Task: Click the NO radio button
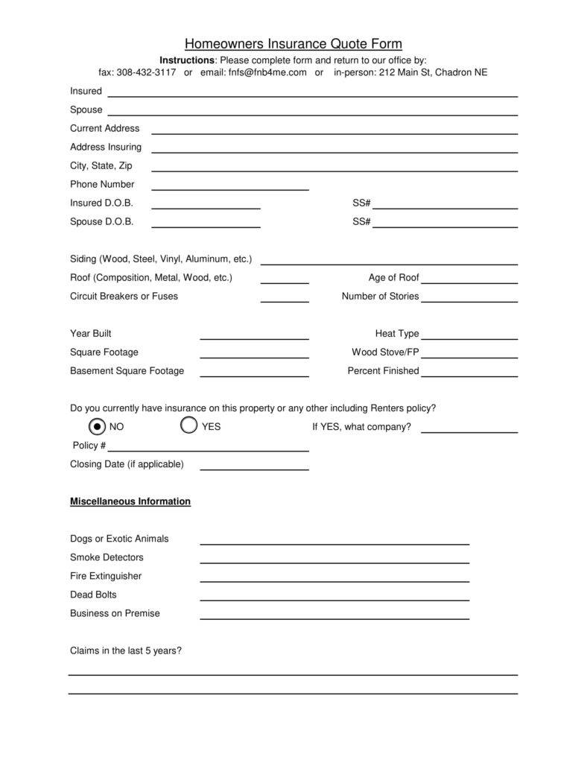[x=97, y=426]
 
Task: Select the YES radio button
[x=189, y=425]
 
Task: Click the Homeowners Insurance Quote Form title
[x=293, y=44]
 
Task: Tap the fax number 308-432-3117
[x=147, y=72]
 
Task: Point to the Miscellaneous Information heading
[x=130, y=501]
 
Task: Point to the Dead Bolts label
[x=93, y=595]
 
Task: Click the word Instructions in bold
[x=187, y=60]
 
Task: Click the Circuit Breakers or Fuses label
[x=124, y=296]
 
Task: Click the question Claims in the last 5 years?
[x=126, y=650]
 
